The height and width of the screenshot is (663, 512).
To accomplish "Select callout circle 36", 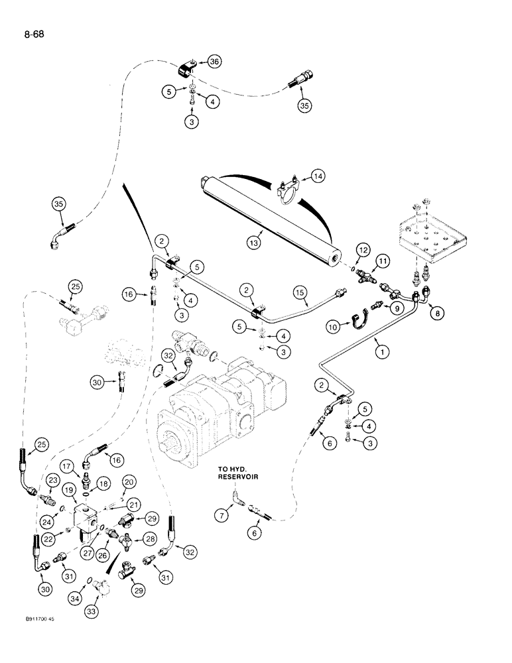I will pyautogui.click(x=214, y=62).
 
